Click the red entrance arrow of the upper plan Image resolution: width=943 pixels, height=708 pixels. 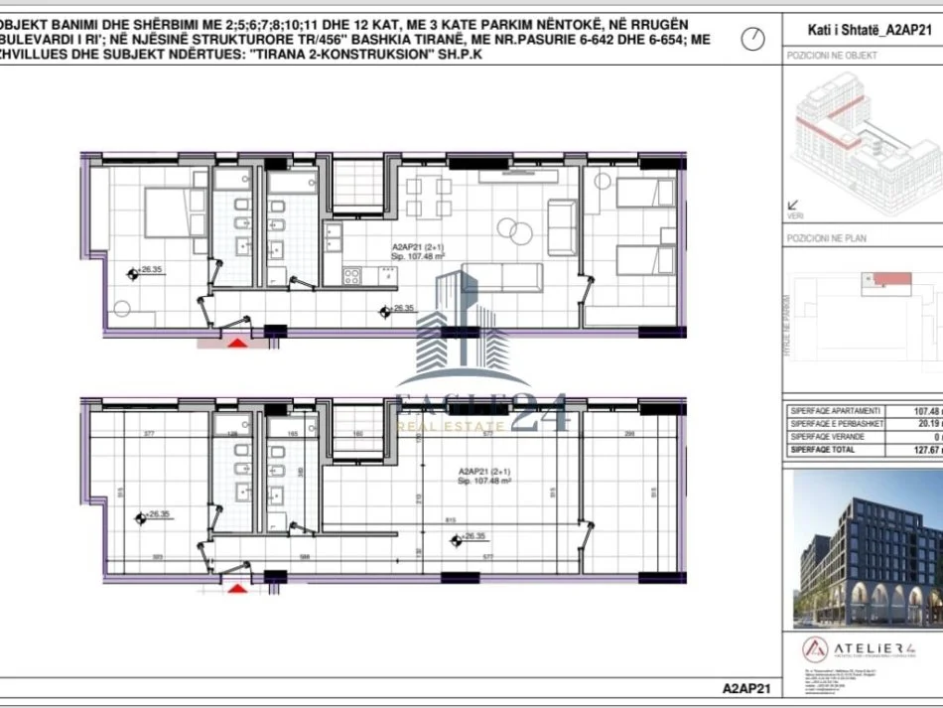pyautogui.click(x=238, y=343)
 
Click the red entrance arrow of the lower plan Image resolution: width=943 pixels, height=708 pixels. pyautogui.click(x=237, y=588)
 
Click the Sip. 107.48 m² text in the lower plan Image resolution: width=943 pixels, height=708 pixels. pyautogui.click(x=477, y=481)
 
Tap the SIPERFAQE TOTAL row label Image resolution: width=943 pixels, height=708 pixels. pyautogui.click(x=822, y=450)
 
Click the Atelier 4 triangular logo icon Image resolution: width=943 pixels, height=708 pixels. pyautogui.click(x=816, y=651)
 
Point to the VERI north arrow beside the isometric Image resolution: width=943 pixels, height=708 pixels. pyautogui.click(x=794, y=206)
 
